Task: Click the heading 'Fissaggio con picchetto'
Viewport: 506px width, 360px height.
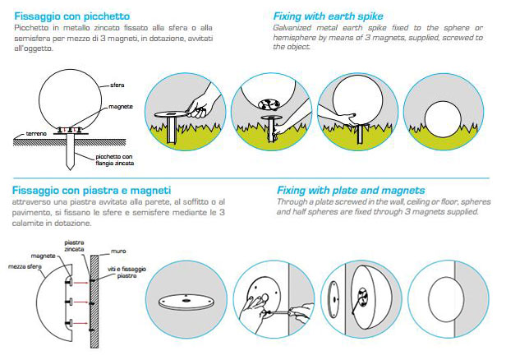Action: (x=72, y=16)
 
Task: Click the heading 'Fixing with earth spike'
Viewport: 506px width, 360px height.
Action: (x=329, y=16)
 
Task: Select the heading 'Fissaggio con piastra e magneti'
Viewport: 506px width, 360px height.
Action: (x=91, y=191)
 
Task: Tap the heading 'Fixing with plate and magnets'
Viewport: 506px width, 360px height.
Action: (x=351, y=191)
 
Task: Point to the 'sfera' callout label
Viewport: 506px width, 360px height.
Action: (x=117, y=85)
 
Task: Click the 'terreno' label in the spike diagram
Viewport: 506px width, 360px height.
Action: (x=36, y=134)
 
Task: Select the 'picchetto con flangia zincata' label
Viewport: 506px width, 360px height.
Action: (x=114, y=160)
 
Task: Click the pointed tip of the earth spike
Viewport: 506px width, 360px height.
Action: (x=70, y=169)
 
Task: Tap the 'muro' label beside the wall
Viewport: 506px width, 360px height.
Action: (x=118, y=252)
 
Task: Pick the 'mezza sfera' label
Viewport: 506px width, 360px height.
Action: (x=25, y=266)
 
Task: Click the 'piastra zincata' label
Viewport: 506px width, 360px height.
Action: (x=74, y=246)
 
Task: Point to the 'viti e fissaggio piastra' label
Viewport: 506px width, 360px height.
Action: (x=126, y=273)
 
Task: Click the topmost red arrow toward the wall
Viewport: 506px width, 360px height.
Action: (x=81, y=283)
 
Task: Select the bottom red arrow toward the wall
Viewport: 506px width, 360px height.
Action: (x=81, y=323)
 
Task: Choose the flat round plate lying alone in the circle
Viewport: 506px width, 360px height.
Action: (x=186, y=302)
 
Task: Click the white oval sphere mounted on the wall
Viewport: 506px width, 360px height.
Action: (x=446, y=299)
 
